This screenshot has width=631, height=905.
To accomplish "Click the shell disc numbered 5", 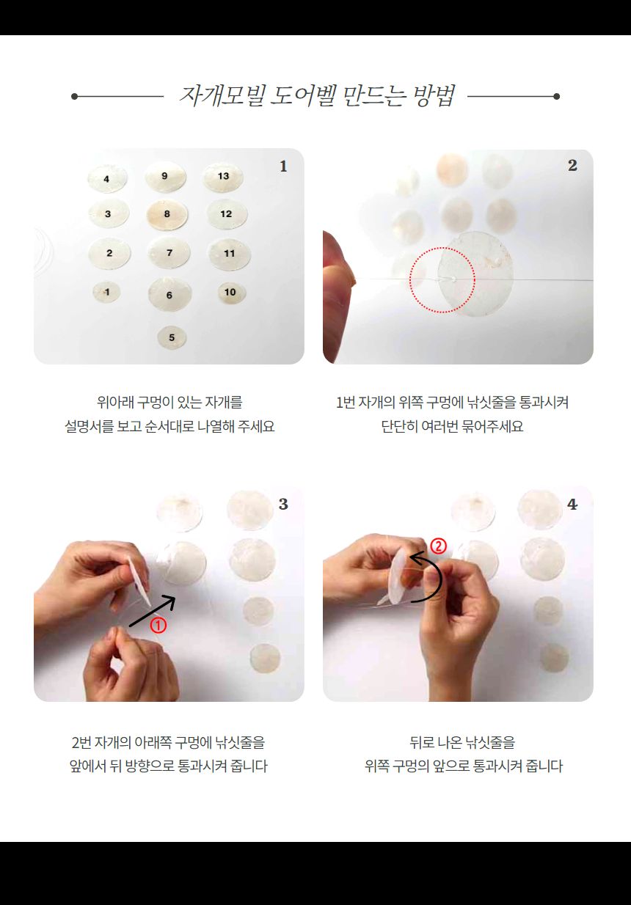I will [x=172, y=337].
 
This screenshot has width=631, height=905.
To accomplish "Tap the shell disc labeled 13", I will [x=223, y=177].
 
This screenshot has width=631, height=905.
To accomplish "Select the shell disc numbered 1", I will [x=107, y=292].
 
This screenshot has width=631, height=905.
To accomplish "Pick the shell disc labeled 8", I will [x=167, y=214].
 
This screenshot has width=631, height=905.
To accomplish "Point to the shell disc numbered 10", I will [x=230, y=293].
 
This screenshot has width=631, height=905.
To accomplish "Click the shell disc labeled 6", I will [x=169, y=295].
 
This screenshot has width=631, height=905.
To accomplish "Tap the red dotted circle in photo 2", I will [x=442, y=279].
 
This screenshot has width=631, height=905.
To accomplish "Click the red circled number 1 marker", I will [x=158, y=626].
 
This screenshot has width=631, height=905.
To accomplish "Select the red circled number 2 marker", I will [x=438, y=546].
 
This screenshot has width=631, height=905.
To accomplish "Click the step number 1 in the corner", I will [x=283, y=167].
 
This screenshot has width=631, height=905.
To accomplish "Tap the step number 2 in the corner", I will [x=572, y=166].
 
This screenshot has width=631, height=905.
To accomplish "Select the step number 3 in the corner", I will [x=283, y=505].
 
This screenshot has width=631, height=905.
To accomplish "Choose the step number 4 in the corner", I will [x=572, y=505].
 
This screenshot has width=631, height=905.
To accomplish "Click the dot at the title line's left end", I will [x=74, y=96].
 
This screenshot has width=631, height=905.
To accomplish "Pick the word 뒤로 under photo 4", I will [x=425, y=743].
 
